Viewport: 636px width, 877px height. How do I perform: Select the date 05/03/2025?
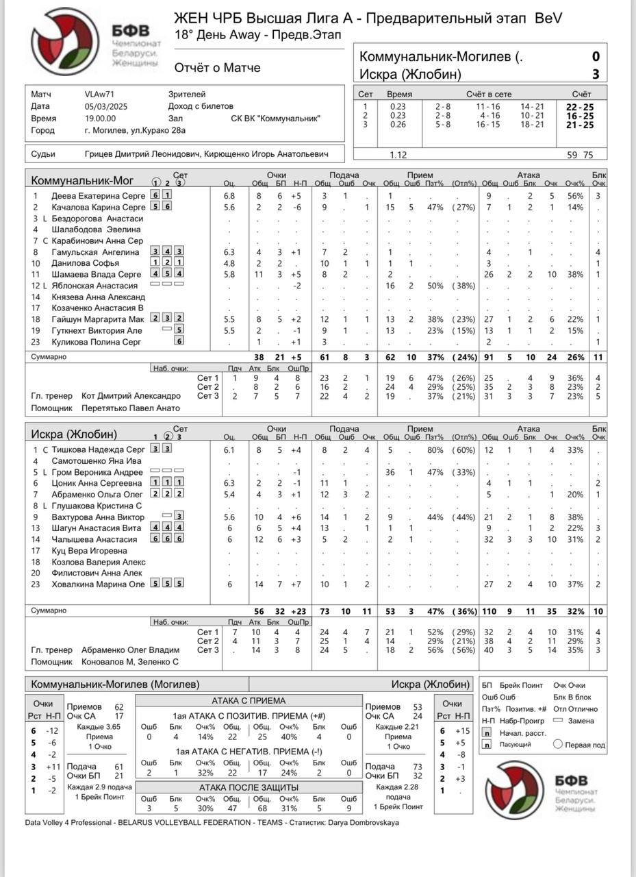pos(102,106)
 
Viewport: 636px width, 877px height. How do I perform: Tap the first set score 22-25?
pos(580,106)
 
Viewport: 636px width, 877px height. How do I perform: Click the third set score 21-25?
pos(580,125)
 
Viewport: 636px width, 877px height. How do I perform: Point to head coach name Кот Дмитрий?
pos(131,396)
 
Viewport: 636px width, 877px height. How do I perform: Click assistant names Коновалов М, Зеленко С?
pos(130,662)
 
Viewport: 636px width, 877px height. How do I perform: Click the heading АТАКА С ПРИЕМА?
pos(249,701)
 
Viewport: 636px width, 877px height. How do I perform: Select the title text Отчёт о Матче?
pos(217,68)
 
